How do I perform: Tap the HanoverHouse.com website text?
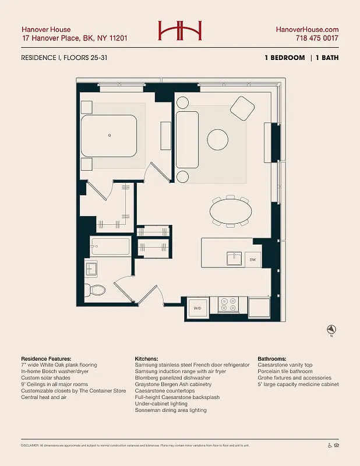tap(307, 30)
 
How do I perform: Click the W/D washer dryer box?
tap(197, 308)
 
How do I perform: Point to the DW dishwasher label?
tap(252, 259)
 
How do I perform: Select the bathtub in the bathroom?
tap(110, 247)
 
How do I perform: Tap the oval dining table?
tap(231, 211)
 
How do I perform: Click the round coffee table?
tap(218, 140)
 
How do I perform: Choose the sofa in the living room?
tap(187, 140)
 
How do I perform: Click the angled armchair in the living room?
tap(242, 108)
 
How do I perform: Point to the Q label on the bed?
tap(109, 135)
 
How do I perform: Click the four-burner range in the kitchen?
tap(228, 305)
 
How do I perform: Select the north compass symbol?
tap(331, 329)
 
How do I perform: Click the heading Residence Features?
tap(46, 358)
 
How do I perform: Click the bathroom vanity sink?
tap(92, 269)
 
